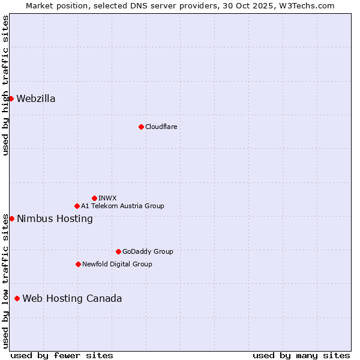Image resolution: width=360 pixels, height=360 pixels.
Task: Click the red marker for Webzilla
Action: click(x=11, y=98)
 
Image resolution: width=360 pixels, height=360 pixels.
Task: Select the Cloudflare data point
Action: click(x=141, y=127)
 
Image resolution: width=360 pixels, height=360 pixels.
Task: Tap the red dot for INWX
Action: click(x=94, y=198)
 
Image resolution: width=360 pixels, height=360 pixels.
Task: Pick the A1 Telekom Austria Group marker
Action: click(x=77, y=206)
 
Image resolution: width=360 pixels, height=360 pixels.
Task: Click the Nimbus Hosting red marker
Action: click(x=11, y=218)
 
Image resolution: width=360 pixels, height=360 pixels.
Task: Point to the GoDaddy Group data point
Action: click(x=118, y=251)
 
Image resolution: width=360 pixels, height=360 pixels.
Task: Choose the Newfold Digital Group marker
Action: click(x=78, y=264)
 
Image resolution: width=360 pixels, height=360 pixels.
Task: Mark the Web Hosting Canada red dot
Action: click(x=17, y=298)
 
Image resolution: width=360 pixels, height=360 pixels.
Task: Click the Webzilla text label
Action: click(x=36, y=99)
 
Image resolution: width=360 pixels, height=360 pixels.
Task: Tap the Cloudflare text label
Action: click(x=161, y=127)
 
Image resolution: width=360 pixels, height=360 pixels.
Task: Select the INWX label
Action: click(x=107, y=198)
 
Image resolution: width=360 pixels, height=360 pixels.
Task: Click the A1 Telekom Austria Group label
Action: click(x=122, y=206)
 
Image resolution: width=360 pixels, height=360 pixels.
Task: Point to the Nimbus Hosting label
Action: click(x=55, y=219)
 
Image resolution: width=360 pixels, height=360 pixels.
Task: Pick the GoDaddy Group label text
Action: click(x=148, y=251)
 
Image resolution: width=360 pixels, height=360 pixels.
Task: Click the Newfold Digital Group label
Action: click(x=117, y=264)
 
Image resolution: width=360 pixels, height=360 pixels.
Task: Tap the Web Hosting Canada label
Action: click(x=72, y=299)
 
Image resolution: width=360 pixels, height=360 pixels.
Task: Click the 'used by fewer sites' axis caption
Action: click(x=62, y=355)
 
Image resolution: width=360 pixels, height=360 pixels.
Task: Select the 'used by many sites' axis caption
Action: click(x=301, y=355)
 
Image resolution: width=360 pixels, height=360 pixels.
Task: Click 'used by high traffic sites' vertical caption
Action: click(x=5, y=85)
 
